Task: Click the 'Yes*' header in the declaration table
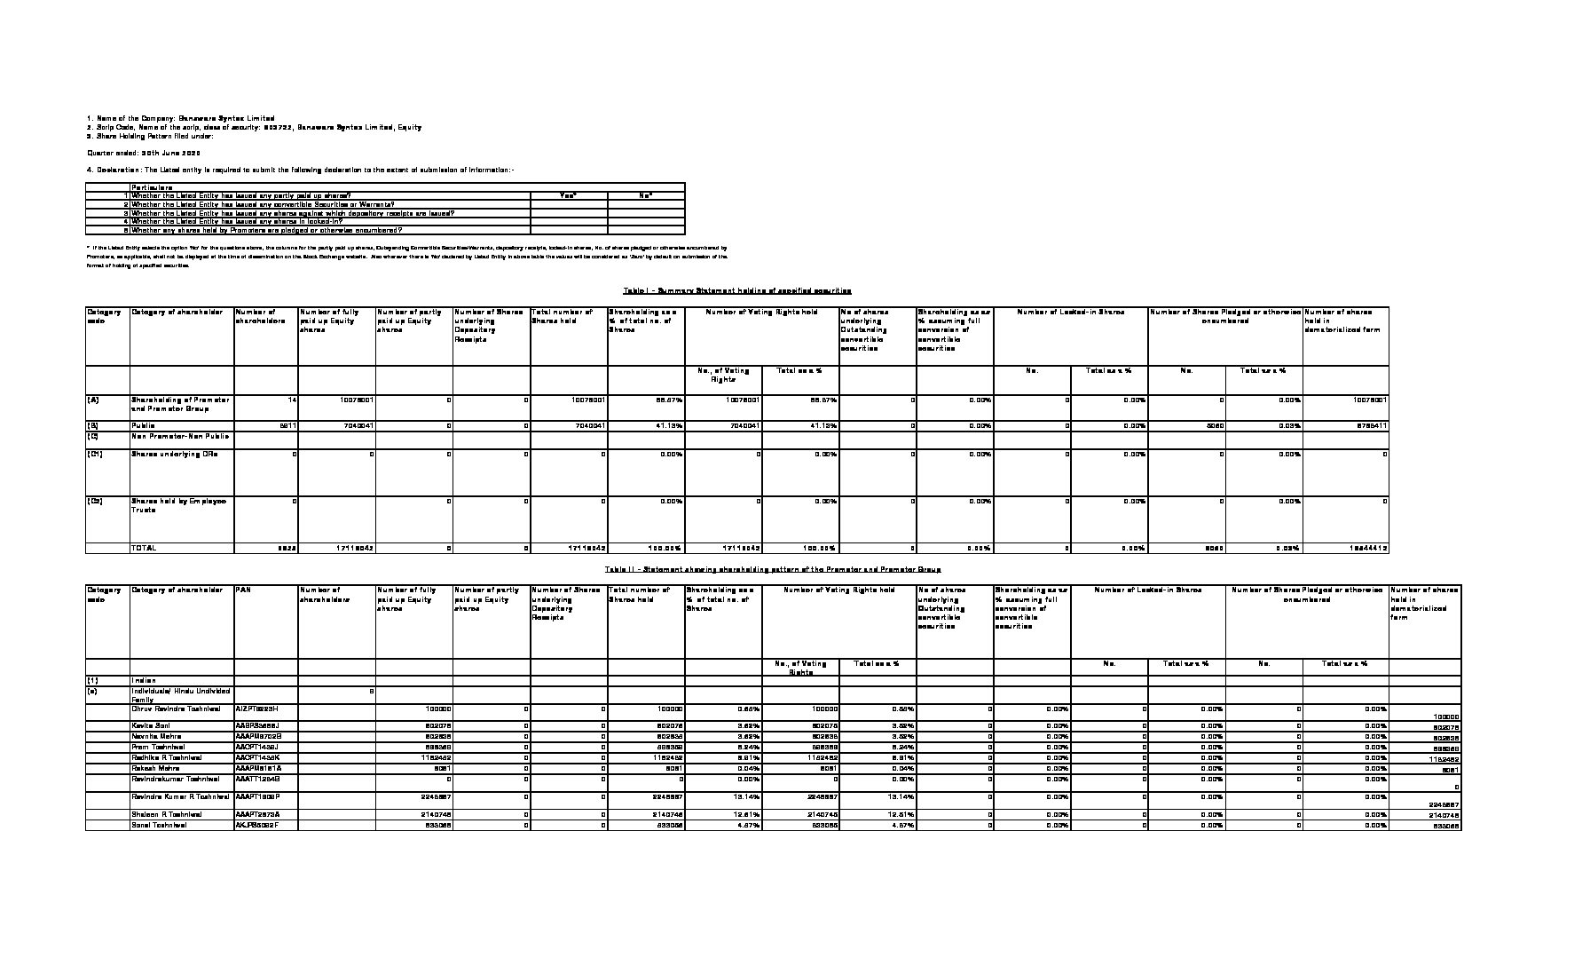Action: pyautogui.click(x=568, y=195)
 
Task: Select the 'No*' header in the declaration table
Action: pyautogui.click(x=646, y=195)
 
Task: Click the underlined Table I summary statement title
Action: pyautogui.click(x=737, y=290)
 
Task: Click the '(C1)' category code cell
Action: pyautogui.click(x=96, y=454)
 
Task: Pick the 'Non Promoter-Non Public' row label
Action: pyautogui.click(x=180, y=436)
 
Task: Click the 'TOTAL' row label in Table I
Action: pyautogui.click(x=144, y=548)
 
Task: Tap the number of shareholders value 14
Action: pyautogui.click(x=292, y=400)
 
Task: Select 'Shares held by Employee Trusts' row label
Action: pyautogui.click(x=178, y=505)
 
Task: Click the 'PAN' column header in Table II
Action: pyautogui.click(x=243, y=589)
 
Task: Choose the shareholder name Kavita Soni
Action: pyautogui.click(x=152, y=726)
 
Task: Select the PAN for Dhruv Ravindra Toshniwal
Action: pyautogui.click(x=256, y=709)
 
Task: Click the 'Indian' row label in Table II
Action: pyautogui.click(x=144, y=681)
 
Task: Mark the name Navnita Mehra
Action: pyautogui.click(x=156, y=737)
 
